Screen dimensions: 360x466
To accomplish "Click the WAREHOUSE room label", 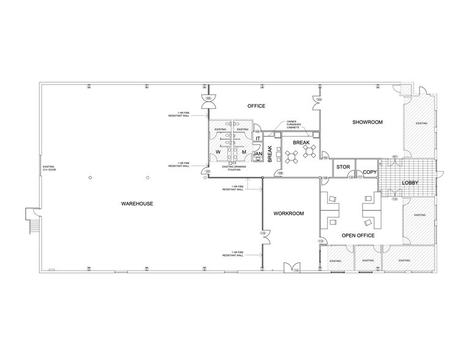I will pos(136,203).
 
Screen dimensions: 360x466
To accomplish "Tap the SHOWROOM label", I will pos(367,122).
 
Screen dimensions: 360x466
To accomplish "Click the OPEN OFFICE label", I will pos(358,236).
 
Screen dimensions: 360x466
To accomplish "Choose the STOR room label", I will pos(343,166).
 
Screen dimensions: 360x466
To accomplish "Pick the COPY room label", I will pos(369,172).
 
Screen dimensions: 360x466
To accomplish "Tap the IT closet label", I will pos(258,139).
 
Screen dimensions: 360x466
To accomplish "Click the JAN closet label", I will pos(258,154).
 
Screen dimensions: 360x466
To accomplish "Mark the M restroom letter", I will pos(244,152).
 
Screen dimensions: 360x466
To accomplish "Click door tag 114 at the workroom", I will pos(296,270).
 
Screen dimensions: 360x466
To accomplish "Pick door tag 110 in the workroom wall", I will pos(263,233).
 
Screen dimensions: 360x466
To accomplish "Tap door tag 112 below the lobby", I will pos(394,199).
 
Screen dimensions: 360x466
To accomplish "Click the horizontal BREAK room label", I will pos(301,142).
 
